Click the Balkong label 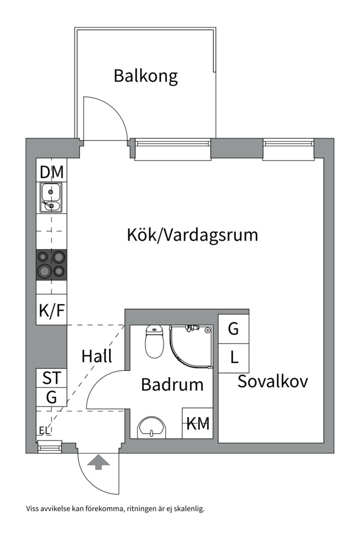coord(145,76)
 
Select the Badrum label coord(172,384)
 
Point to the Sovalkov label coord(272,381)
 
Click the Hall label coord(96,356)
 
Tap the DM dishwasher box coord(52,172)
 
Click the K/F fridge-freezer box coord(52,311)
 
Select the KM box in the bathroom coord(198,424)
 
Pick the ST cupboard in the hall coord(52,378)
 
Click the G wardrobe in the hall coord(52,398)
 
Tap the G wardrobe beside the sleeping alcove coord(233,329)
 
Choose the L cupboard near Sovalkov coord(233,358)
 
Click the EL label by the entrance coord(45,430)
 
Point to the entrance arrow coord(98,461)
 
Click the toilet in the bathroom coord(154,341)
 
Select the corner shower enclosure coord(190,345)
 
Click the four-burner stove coord(52,264)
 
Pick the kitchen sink coord(51,197)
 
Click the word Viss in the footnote coord(34,509)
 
